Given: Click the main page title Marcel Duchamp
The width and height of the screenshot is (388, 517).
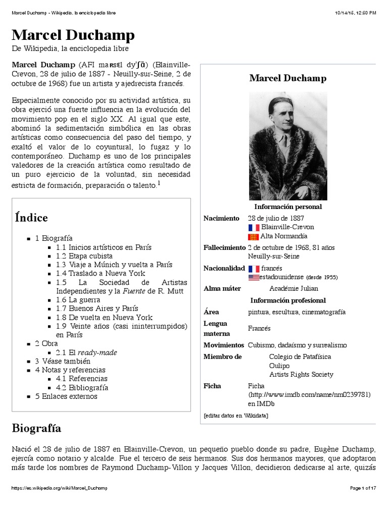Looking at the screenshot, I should pyautogui.click(x=73, y=35).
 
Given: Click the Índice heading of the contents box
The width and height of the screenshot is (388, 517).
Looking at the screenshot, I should pyautogui.click(x=31, y=218).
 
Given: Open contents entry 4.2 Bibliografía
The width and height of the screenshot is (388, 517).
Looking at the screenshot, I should pyautogui.click(x=82, y=387).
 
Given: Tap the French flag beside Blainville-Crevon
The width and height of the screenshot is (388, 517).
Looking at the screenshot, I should pyautogui.click(x=254, y=227).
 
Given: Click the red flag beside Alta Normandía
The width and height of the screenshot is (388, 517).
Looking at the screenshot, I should pyautogui.click(x=254, y=236).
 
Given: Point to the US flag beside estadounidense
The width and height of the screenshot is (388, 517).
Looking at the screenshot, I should pyautogui.click(x=254, y=277).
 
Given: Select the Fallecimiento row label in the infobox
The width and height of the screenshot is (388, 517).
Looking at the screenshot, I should pyautogui.click(x=224, y=247).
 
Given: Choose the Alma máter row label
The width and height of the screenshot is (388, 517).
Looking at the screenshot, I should pyautogui.click(x=222, y=288).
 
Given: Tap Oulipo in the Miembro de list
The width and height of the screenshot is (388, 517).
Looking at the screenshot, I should pyautogui.click(x=279, y=366).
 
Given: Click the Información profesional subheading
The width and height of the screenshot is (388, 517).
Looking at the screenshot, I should pyautogui.click(x=288, y=300).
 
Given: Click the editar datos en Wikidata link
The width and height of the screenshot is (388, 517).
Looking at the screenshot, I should pyautogui.click(x=235, y=416).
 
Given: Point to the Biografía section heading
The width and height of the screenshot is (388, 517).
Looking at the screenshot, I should pyautogui.click(x=36, y=429).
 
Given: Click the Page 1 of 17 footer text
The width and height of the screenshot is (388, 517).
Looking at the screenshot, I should pyautogui.click(x=363, y=488).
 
